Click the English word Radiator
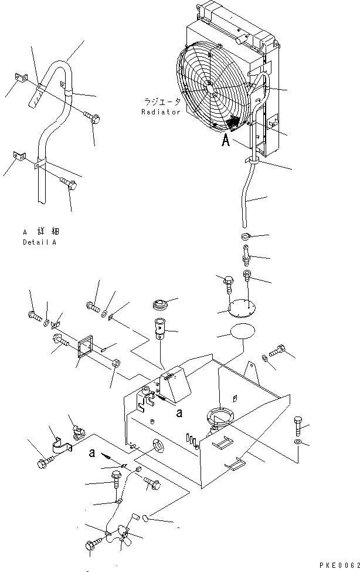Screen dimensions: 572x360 pos(161,112)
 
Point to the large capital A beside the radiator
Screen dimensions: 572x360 pos(225,141)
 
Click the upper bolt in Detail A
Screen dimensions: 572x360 pos(91,118)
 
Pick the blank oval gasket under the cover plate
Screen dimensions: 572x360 pos(243,331)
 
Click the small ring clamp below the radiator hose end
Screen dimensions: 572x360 pos(246,237)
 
